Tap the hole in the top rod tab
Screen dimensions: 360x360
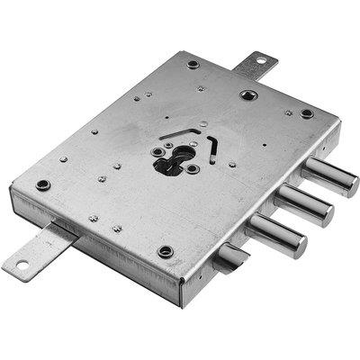click(x=261, y=61)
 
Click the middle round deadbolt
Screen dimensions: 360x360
click(x=306, y=208)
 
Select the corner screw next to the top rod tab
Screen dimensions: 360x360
click(x=193, y=64)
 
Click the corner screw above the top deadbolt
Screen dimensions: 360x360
click(x=307, y=113)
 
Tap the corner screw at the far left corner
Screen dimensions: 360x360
click(x=42, y=184)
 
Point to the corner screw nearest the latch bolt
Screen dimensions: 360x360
click(x=165, y=251)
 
